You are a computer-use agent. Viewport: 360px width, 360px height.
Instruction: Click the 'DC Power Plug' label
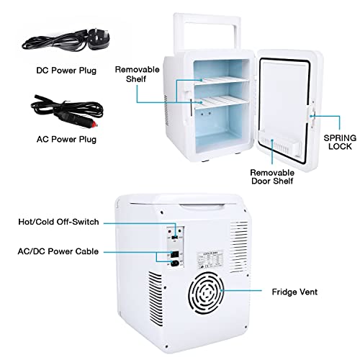66,71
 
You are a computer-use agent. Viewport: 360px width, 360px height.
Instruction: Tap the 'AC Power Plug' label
66,140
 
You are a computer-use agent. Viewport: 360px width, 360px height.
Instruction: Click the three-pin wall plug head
99,39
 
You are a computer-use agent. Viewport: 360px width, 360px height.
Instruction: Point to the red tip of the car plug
94,125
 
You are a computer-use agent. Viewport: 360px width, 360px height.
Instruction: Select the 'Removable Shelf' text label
137,74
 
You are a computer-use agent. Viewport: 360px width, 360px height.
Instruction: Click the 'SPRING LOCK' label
340,142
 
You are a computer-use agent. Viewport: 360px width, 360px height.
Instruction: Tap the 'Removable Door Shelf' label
272,177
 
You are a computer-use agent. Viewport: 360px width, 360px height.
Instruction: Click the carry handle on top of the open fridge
207,31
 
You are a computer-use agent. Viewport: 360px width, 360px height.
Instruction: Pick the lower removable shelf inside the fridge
221,102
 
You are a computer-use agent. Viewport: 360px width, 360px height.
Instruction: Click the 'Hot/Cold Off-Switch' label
58,222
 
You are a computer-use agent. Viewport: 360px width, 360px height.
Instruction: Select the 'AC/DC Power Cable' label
58,251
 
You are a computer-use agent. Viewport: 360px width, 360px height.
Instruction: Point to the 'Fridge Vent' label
294,292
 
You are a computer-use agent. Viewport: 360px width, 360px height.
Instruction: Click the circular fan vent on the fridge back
206,293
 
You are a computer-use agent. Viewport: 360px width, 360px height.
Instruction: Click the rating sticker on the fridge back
210,260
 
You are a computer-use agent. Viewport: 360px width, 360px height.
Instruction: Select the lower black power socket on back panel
175,264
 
